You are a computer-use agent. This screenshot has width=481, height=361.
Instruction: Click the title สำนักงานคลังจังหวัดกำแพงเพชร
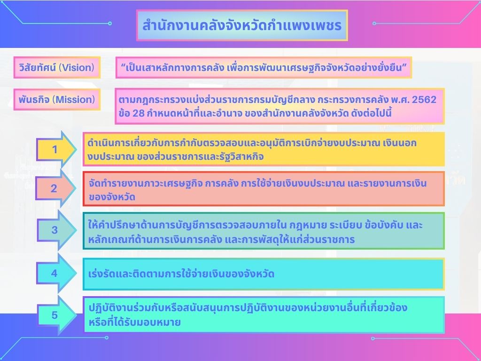tap(242, 25)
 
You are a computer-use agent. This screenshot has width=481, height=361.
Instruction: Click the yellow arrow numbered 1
tap(56, 149)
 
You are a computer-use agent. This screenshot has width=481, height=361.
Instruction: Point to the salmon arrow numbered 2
tap(55, 188)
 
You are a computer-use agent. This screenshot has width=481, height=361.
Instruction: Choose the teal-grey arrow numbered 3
tap(57, 230)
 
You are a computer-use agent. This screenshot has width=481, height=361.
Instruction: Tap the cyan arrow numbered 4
tap(56, 273)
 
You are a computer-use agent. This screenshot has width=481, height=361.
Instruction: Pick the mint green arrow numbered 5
tap(57, 315)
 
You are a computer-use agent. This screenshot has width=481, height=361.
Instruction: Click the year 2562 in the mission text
tap(424, 100)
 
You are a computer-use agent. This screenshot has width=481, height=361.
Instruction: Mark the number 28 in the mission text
tap(139, 113)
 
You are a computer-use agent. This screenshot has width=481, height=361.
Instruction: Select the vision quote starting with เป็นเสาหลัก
tap(264, 67)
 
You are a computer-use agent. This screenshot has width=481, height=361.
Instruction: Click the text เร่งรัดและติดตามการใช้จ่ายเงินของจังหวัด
tap(181, 274)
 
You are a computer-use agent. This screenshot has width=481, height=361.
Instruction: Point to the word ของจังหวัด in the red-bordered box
tap(112, 197)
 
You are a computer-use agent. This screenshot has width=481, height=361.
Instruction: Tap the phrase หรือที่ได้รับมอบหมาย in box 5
tap(135, 322)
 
